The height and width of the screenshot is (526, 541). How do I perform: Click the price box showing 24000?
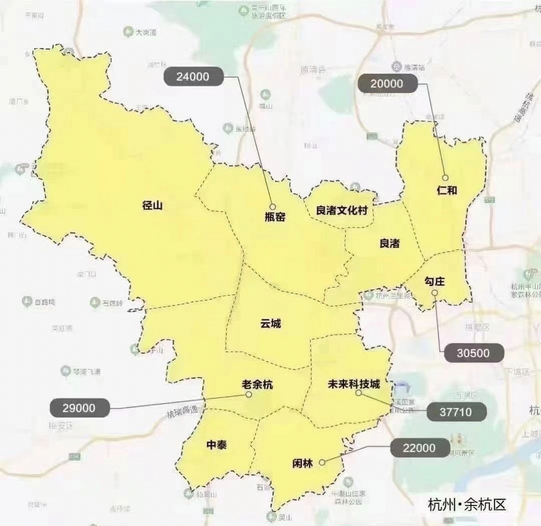point(193,76)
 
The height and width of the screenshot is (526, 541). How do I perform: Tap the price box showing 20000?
point(387,84)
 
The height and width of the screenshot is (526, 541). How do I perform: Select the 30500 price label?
point(473,353)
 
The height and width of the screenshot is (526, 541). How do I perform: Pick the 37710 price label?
point(456,412)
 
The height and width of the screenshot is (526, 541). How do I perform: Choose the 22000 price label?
point(419,448)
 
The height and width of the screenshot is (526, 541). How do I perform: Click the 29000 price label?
point(79,408)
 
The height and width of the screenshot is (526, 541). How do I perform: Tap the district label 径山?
point(152,205)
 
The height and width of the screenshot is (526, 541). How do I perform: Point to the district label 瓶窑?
point(275,217)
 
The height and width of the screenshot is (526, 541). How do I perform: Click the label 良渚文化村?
point(341,210)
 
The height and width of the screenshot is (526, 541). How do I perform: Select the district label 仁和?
point(447,190)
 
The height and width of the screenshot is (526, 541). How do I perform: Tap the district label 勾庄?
point(435,281)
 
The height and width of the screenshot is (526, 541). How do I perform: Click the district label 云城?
point(271,323)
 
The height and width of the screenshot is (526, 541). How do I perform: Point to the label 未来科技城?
point(354,384)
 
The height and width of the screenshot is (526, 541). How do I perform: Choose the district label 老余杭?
point(257,385)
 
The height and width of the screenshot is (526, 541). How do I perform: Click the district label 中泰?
point(216,445)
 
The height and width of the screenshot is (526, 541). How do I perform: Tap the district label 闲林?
point(302,463)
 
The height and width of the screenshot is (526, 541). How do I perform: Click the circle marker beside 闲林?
point(322,462)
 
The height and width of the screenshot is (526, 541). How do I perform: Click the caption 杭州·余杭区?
point(467,504)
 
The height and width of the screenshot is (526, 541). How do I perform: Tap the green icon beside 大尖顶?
point(129,32)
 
